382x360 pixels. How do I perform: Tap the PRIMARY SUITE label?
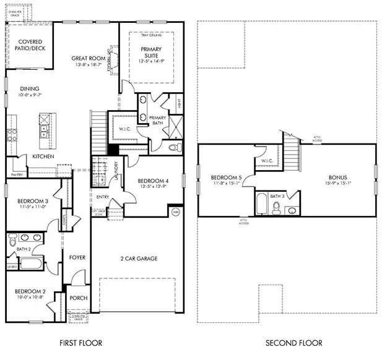(150, 52)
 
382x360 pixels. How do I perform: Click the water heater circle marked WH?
(175, 211)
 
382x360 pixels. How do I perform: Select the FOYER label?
(77, 257)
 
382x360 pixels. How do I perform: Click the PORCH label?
(79, 298)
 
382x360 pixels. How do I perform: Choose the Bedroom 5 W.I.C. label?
(267, 161)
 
